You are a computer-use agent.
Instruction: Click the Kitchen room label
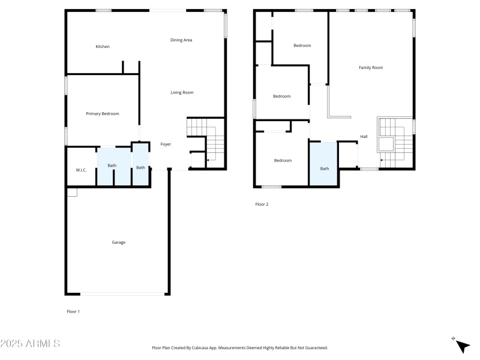point(103,47)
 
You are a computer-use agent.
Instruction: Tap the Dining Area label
point(181,40)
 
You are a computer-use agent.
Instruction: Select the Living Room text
point(182,92)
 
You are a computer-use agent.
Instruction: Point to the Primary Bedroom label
point(102,114)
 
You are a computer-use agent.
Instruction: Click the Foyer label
point(166,144)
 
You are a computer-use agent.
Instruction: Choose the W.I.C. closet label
point(81,170)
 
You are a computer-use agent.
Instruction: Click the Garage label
point(118,242)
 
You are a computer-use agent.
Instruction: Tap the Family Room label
point(370,68)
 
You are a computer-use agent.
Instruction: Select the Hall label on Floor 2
point(364,137)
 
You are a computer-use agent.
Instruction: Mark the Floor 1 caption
point(73,311)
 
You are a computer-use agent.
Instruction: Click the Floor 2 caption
point(262,205)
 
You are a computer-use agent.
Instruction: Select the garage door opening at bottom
point(123,293)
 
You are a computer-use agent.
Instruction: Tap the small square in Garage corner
point(72,192)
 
